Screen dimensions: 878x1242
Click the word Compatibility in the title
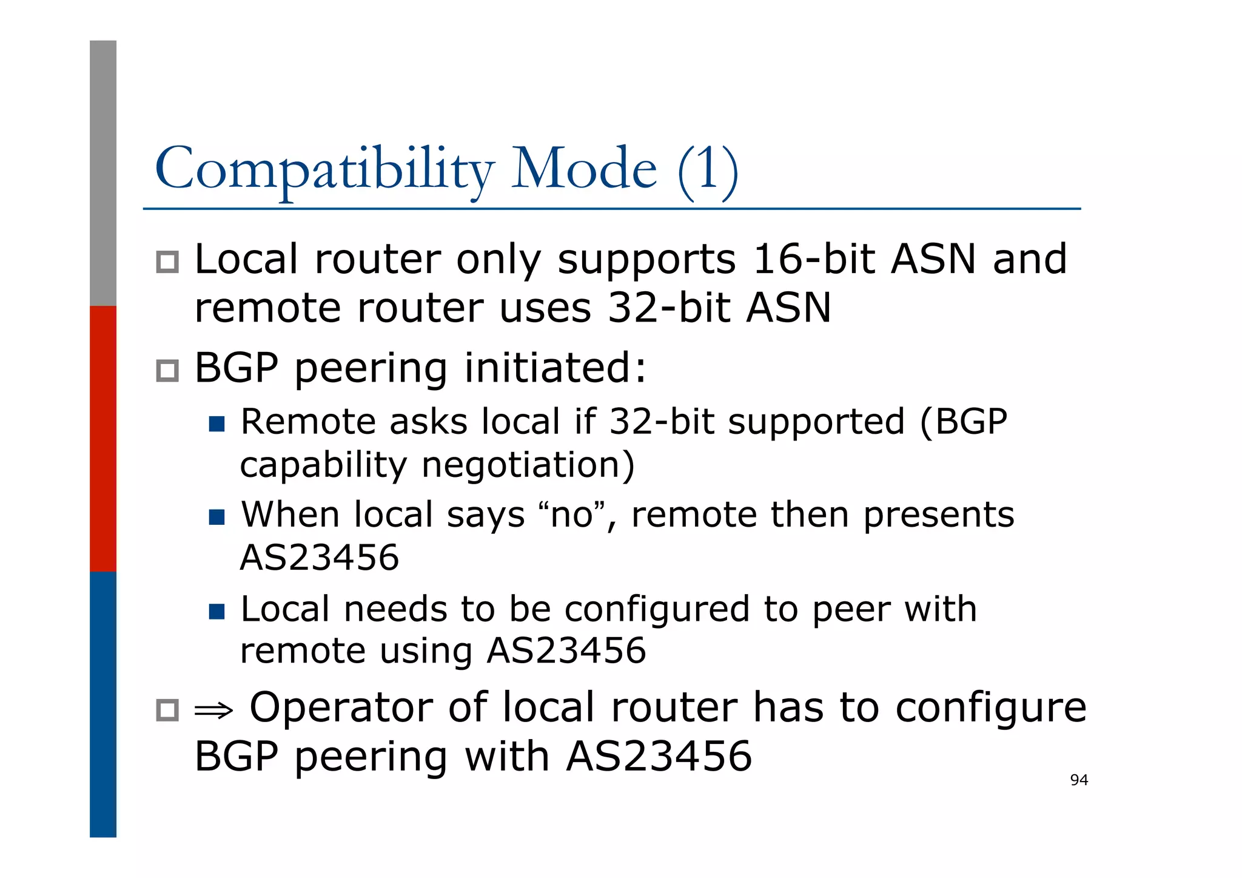[324, 170]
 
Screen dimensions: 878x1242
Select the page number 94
[1079, 780]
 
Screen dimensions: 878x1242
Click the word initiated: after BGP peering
[556, 368]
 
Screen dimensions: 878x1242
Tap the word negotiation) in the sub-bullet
[528, 466]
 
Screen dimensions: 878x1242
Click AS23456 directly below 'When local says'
[320, 558]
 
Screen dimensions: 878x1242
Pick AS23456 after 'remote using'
[566, 651]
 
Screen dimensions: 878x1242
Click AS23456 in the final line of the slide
[659, 757]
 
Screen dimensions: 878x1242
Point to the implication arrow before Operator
[213, 710]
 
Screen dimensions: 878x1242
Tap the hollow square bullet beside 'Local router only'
[167, 262]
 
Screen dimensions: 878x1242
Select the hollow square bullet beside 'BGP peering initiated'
[167, 371]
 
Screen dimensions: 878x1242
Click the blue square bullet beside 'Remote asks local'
[217, 424]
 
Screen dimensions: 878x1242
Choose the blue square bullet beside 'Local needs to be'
[217, 611]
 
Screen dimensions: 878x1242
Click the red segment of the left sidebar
[103, 438]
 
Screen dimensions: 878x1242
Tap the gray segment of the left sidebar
[103, 173]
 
